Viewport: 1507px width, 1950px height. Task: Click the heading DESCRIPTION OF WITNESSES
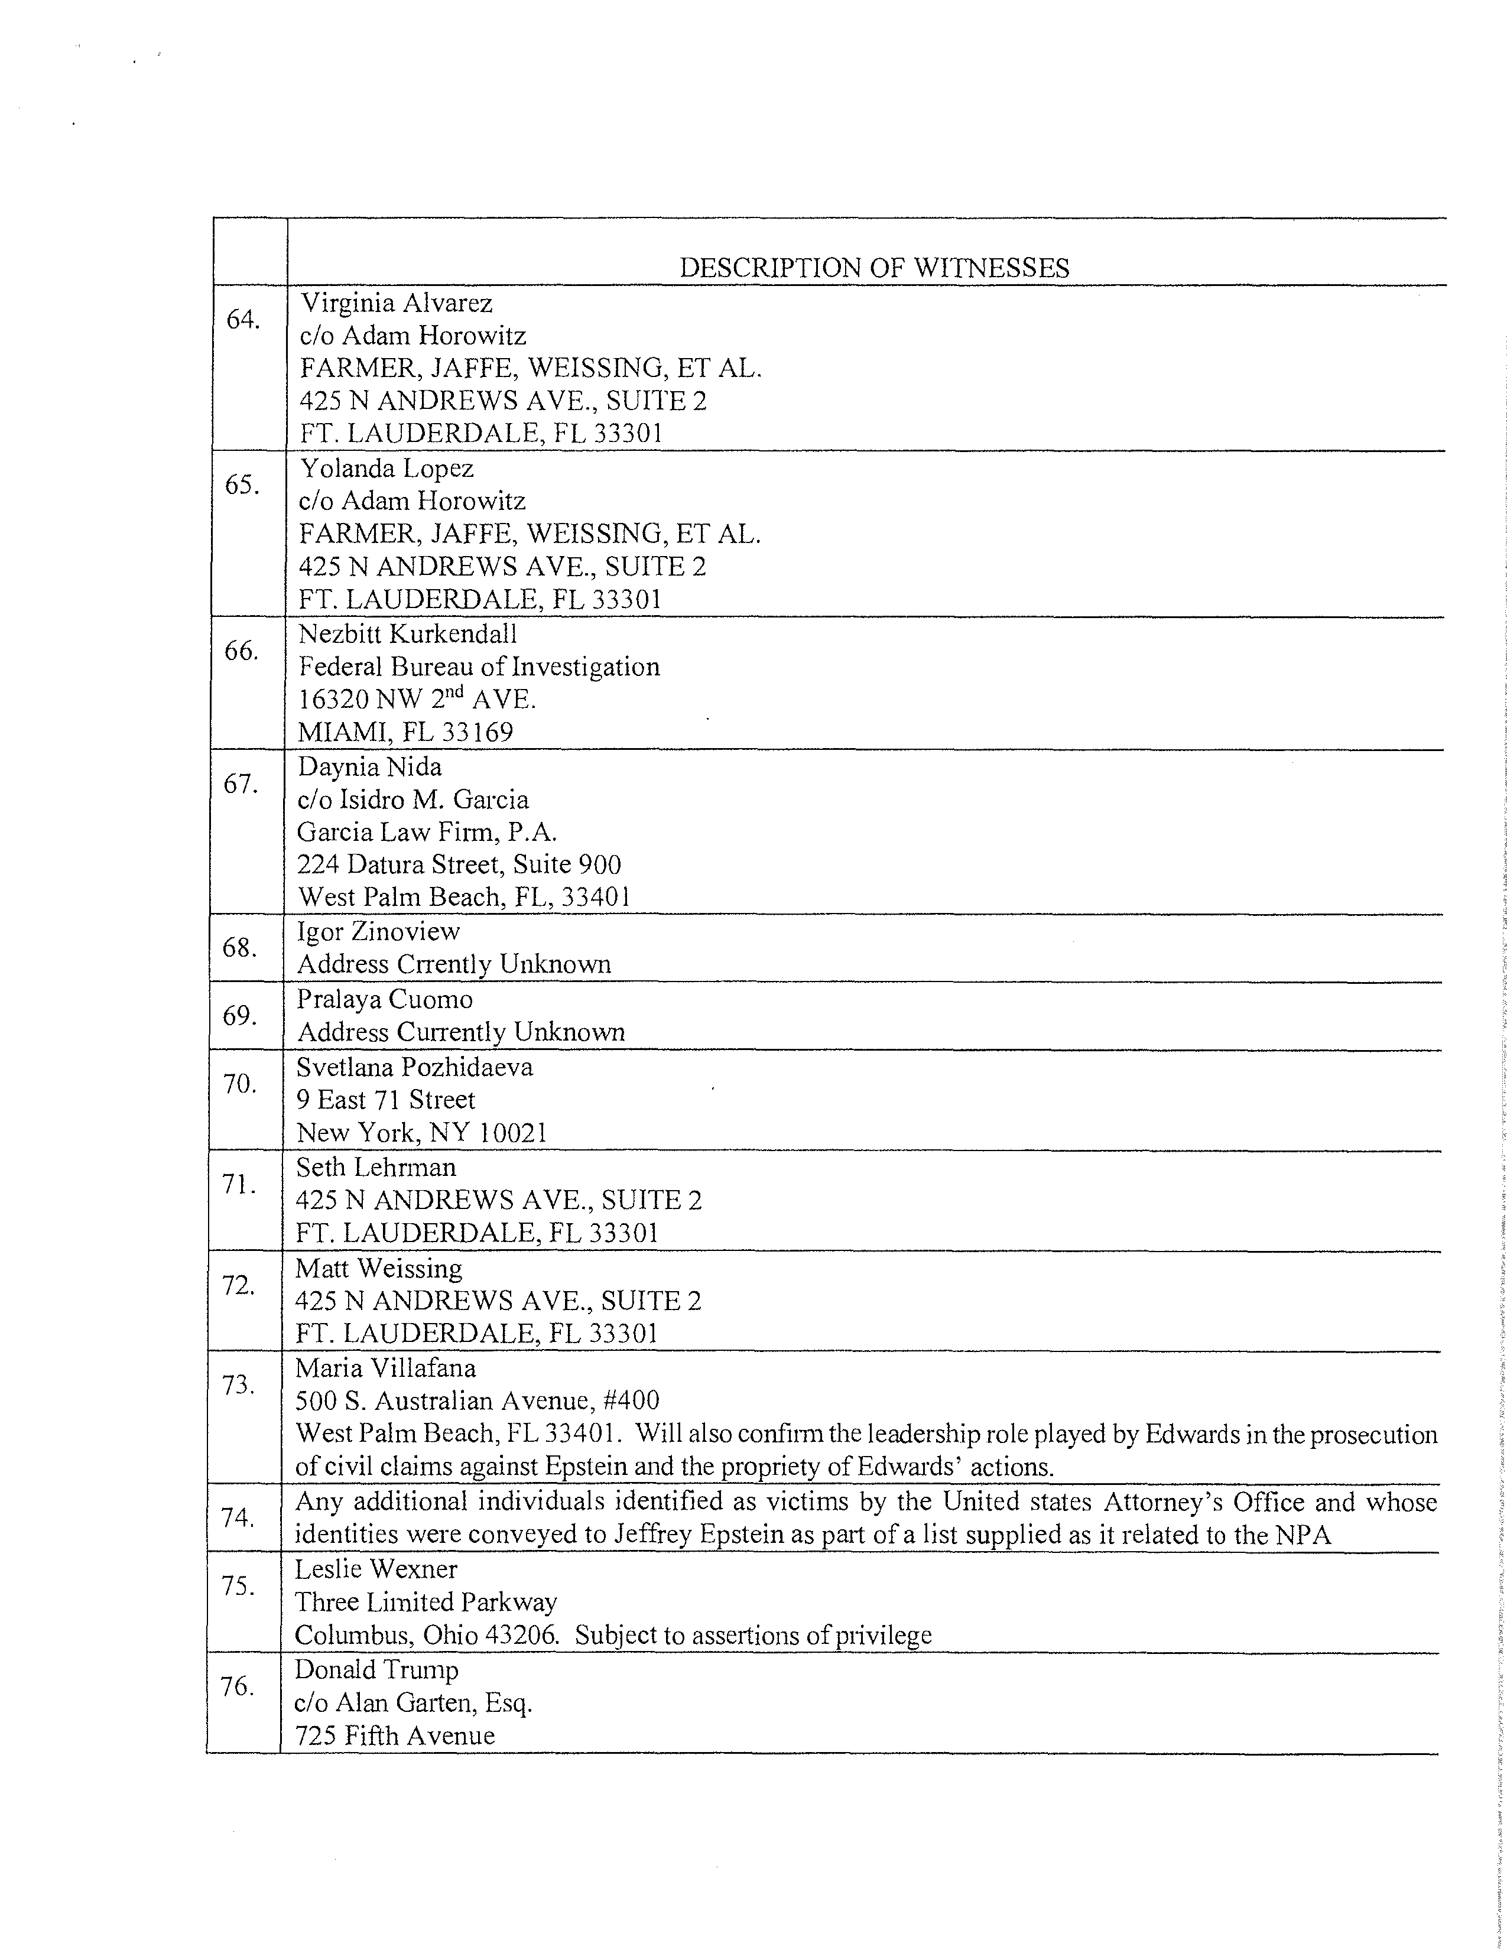point(874,268)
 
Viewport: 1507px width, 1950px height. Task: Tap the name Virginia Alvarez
point(397,304)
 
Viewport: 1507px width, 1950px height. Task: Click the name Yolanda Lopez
point(386,468)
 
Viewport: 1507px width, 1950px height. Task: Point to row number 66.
point(240,651)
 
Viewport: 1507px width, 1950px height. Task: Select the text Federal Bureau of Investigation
point(479,667)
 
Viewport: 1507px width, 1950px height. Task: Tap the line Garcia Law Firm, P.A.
point(427,832)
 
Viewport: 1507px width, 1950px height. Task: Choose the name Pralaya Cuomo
point(384,999)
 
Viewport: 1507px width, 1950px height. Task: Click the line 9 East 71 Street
point(386,1100)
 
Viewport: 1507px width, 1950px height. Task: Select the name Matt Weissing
point(379,1269)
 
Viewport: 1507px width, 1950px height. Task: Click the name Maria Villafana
point(386,1368)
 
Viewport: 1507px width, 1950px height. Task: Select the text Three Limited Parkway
point(426,1602)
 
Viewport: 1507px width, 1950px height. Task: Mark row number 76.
point(236,1686)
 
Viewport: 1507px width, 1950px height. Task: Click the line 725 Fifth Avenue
point(395,1735)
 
